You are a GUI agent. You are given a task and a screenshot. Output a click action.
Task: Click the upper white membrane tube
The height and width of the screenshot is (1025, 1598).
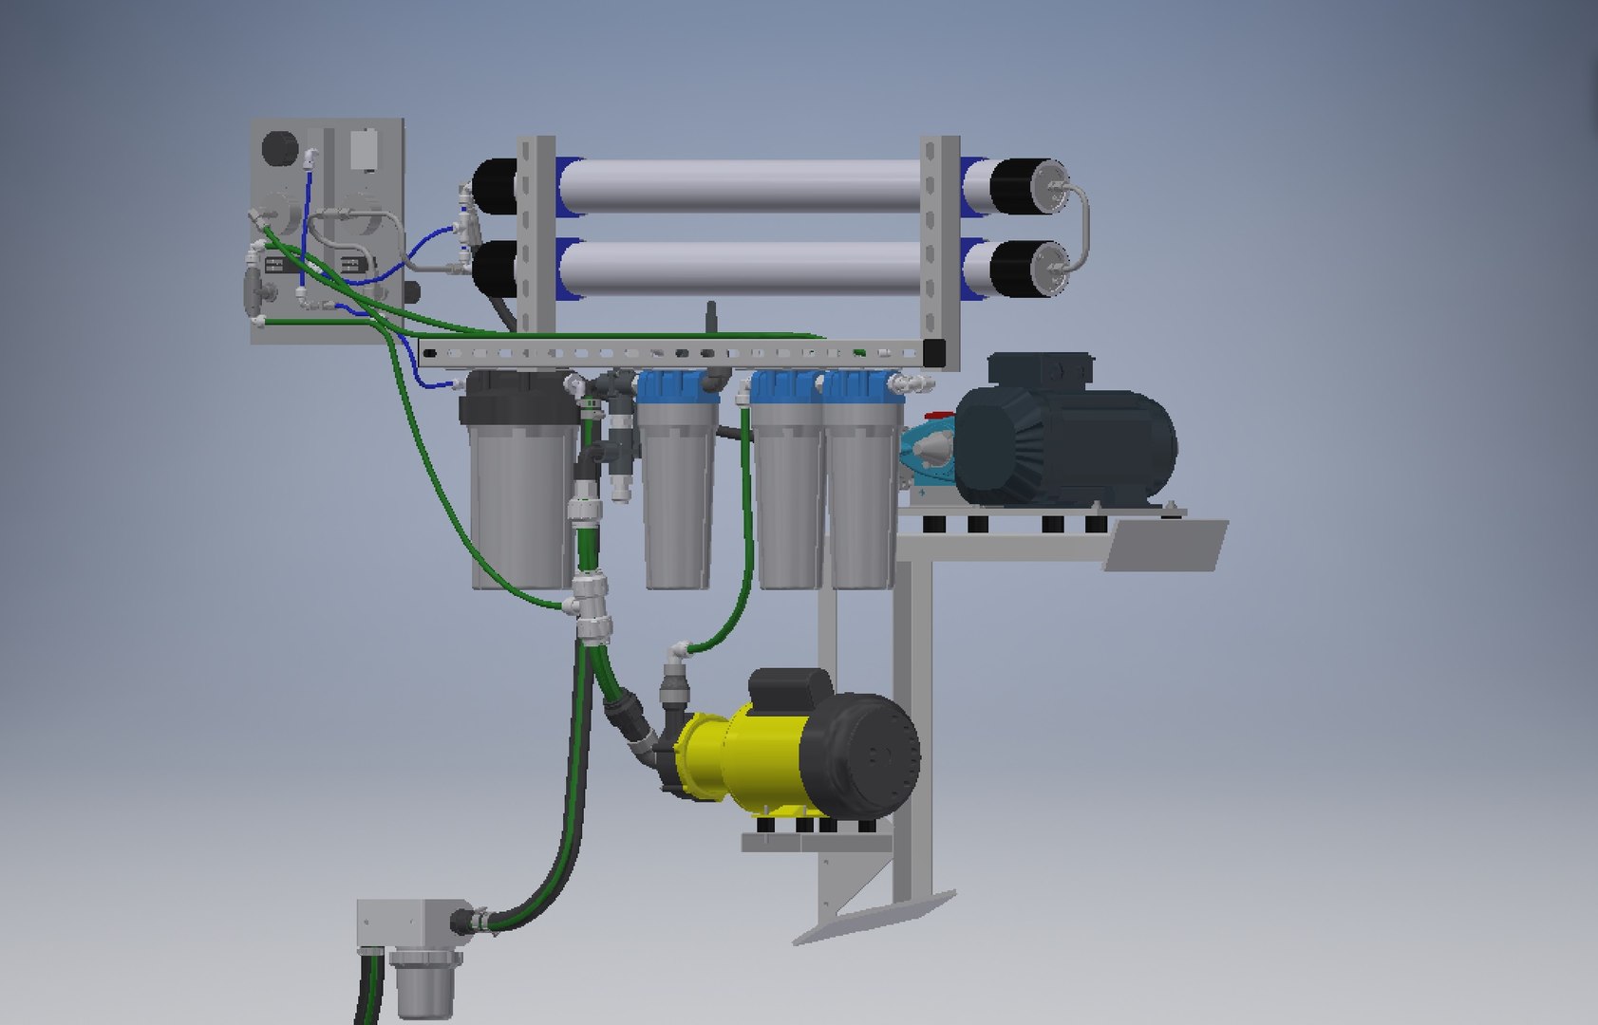[x=741, y=184]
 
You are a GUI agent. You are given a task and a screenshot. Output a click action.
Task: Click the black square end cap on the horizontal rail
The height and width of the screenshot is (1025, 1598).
[x=934, y=352]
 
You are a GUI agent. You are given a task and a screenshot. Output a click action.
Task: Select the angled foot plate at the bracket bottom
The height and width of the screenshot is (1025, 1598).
[x=874, y=915]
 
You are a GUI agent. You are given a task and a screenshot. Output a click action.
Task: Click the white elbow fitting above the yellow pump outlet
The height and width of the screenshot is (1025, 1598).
[x=676, y=654]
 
